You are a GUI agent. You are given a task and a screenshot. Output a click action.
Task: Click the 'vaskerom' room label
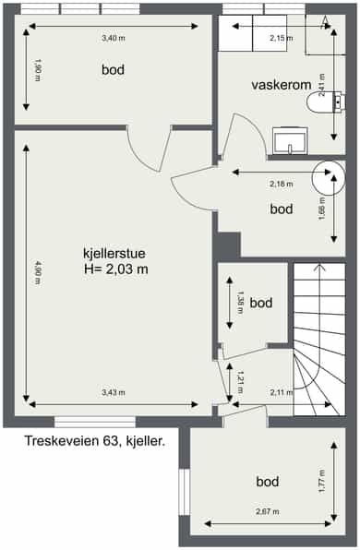coord(282,85)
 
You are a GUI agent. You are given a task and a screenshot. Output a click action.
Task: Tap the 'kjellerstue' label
coord(114,253)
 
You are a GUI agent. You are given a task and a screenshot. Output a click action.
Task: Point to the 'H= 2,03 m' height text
coord(116,269)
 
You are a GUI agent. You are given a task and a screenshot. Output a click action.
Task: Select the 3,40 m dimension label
coord(114,38)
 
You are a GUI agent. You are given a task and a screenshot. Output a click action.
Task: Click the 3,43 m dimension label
coord(114,392)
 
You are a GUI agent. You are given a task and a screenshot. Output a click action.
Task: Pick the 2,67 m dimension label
coord(268,512)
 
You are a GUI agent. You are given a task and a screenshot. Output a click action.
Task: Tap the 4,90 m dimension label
coord(38,272)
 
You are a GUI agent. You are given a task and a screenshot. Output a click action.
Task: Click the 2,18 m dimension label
coord(282,184)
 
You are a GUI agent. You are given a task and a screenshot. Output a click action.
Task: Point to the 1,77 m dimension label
coord(322,482)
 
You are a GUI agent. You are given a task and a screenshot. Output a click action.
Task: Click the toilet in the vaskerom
coord(326,102)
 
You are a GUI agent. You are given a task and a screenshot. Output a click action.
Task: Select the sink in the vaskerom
coord(290,140)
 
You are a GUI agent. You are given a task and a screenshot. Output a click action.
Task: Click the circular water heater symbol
coord(329,178)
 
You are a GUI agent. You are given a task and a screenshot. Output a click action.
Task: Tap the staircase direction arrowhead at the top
coord(319,268)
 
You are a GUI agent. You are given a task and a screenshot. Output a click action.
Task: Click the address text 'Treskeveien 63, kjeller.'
coord(95,441)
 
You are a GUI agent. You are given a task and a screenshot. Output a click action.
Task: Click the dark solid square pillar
coord(229,245)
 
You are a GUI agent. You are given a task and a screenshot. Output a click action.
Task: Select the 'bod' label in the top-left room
coord(113,69)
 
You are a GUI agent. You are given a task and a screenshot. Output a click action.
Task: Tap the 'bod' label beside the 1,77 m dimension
coord(268,482)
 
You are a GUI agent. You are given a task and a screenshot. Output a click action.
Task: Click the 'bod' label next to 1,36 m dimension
coord(261,303)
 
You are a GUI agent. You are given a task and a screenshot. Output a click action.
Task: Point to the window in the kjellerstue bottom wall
coord(95,422)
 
